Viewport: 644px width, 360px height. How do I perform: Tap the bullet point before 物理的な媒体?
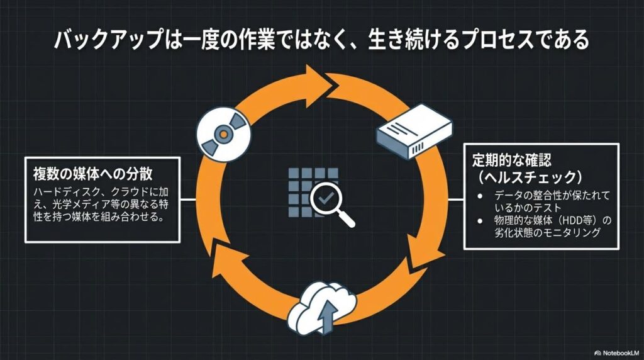tap(480, 220)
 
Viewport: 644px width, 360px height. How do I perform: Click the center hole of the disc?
tap(222, 133)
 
